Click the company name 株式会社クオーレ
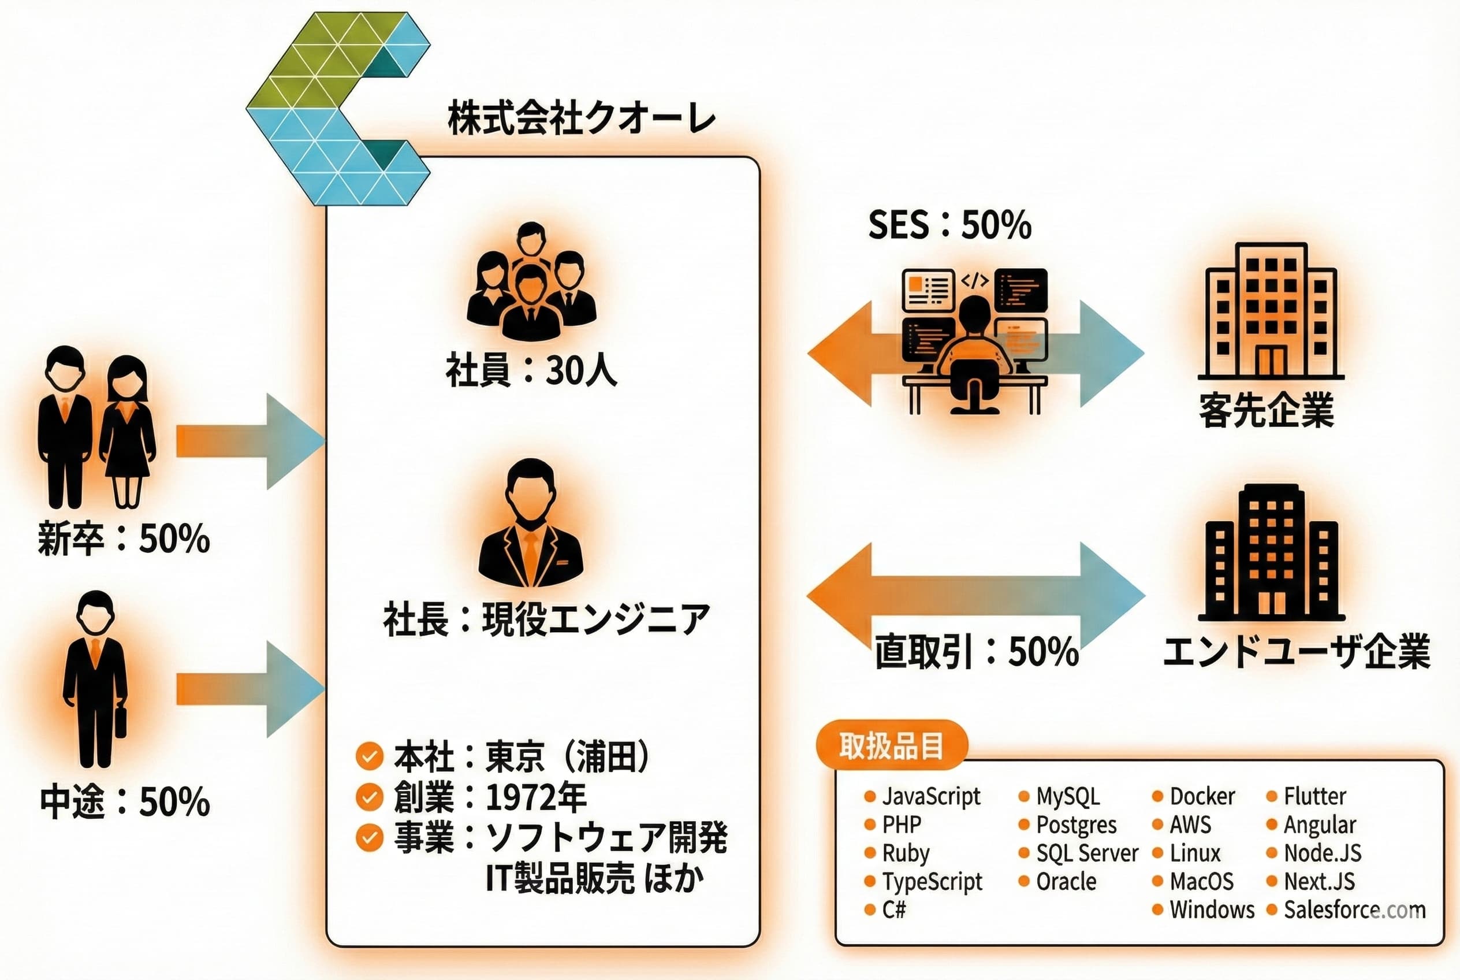pos(582,119)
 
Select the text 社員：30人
pos(531,370)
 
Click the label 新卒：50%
pos(124,538)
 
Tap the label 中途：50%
pos(125,801)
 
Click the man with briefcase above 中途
pos(96,678)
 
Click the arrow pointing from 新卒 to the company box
pos(250,441)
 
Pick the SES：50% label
pos(949,225)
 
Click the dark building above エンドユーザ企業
pos(1271,552)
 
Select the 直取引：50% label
pos(976,652)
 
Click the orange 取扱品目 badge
pos(892,745)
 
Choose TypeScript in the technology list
pos(932,881)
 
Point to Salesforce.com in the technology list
pos(1354,910)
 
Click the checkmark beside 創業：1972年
pos(369,797)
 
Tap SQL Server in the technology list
pos(1087,853)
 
